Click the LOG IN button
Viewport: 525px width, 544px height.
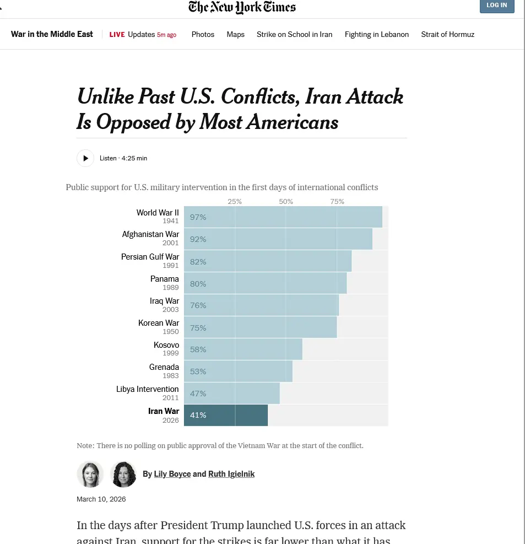pos(496,6)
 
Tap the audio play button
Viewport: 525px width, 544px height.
pos(85,158)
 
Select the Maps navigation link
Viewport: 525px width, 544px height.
pos(235,34)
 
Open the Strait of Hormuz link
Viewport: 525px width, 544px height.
pos(447,34)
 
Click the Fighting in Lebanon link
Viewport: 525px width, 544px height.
pos(377,34)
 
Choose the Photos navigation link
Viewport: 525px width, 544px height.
pos(203,34)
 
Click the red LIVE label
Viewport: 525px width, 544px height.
pos(117,34)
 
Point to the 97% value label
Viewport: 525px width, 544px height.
pos(198,217)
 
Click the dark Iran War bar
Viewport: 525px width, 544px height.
pos(226,415)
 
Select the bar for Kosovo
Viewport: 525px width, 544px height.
pos(243,349)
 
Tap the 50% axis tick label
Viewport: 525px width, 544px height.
pos(286,201)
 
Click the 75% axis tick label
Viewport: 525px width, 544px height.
pos(337,201)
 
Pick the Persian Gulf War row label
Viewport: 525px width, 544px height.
pos(150,257)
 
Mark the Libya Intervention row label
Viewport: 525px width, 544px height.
pos(147,389)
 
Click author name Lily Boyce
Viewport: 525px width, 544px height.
pos(172,474)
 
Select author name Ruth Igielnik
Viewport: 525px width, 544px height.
pos(231,474)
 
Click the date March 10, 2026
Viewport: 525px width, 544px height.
pos(101,499)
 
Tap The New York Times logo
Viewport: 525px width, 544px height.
pos(242,7)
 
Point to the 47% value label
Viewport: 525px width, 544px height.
pos(198,394)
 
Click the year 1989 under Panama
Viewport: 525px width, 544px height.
pos(170,288)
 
